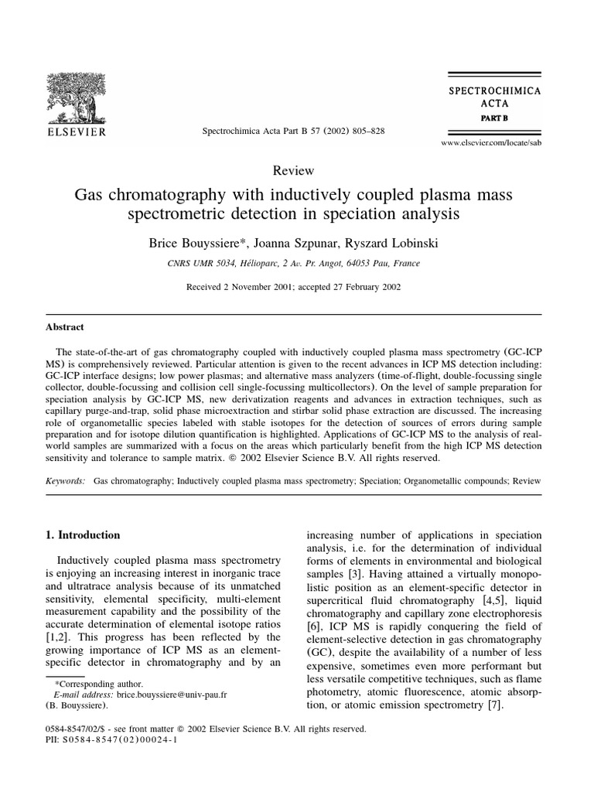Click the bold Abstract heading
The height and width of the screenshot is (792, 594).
point(65,327)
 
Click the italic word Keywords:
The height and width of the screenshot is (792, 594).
point(66,480)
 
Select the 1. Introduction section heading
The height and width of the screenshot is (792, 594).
point(85,534)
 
